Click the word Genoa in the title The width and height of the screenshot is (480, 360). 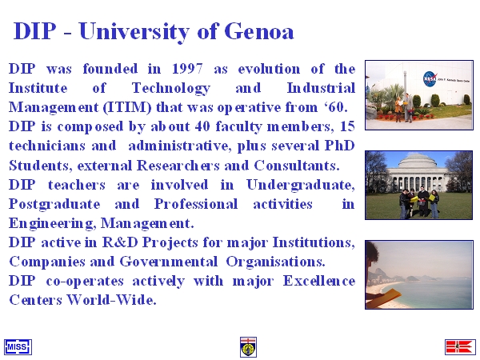[x=259, y=31]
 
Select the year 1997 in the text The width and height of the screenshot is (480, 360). [x=187, y=69]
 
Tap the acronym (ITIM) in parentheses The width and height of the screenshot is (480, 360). [x=127, y=107]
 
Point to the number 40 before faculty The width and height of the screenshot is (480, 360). [x=202, y=126]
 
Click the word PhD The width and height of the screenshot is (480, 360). [x=339, y=146]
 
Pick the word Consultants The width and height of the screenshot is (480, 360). [x=297, y=166]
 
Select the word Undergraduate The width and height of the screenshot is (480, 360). [x=300, y=186]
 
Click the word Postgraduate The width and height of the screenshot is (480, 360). [x=54, y=205]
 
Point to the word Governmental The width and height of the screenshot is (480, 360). [x=168, y=262]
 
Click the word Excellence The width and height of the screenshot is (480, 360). [x=318, y=281]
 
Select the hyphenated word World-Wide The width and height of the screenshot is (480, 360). [x=111, y=300]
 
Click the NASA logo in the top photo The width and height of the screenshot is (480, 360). [x=430, y=79]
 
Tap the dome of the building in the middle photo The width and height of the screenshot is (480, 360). [x=418, y=162]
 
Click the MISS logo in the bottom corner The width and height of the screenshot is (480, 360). [x=18, y=347]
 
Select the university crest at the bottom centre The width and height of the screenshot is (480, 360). [x=248, y=347]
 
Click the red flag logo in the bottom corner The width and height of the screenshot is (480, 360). [x=460, y=347]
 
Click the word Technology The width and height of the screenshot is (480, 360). [x=171, y=89]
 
